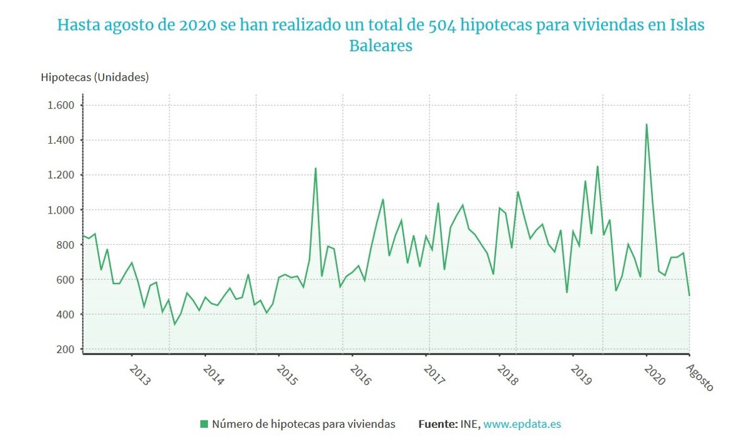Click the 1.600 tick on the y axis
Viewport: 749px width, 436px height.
coord(61,105)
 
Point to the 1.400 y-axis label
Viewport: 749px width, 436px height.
coord(61,140)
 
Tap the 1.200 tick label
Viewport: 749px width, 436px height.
coord(61,175)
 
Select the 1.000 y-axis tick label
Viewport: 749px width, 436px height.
coord(61,210)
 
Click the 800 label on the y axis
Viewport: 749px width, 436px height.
coord(65,245)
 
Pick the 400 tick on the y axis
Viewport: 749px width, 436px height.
coord(65,314)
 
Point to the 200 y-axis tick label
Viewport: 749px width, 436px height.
coord(65,349)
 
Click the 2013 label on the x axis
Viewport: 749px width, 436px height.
coord(140,375)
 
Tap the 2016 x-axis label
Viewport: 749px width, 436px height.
coord(360,375)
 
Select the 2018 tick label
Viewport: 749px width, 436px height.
coord(507,375)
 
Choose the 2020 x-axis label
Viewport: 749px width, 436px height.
coord(654,375)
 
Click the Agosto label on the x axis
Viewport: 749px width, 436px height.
coord(700,378)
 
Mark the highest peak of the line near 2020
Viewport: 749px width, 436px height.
coord(646,124)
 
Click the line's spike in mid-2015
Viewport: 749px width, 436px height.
coord(315,168)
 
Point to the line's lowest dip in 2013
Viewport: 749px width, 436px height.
coord(174,324)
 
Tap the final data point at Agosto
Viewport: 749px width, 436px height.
coord(689,295)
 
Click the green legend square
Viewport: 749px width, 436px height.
coord(203,424)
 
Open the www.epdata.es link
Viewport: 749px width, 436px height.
coord(522,424)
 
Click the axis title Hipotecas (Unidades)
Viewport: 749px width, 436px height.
coord(95,77)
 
